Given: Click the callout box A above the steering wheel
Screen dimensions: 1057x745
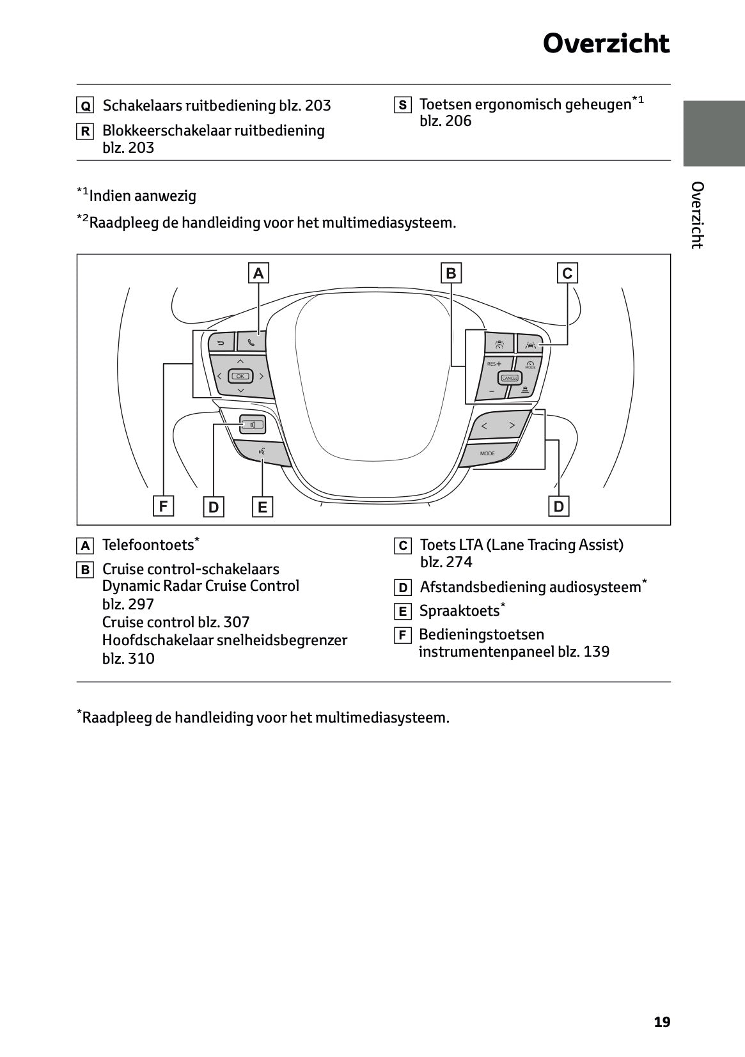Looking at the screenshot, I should [258, 274].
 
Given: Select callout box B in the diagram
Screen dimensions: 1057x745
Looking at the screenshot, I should [451, 274].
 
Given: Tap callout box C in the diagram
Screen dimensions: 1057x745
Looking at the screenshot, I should [567, 274].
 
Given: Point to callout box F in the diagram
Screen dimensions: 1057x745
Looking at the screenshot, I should [163, 506].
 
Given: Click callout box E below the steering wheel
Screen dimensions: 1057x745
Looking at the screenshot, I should [262, 507].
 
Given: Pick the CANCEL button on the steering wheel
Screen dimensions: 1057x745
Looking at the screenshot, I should [510, 378].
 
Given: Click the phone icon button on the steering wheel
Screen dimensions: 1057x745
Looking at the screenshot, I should [251, 342].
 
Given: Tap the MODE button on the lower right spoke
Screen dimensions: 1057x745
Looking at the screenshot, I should [487, 453].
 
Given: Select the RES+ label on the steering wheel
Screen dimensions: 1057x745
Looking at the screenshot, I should [494, 363].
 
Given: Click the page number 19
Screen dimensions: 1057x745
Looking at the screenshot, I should [662, 1022].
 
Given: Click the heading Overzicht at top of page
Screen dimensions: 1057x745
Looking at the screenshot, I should [606, 44].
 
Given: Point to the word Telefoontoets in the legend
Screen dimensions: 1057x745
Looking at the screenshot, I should [148, 545].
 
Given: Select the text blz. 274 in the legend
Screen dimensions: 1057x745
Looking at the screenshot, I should [446, 562].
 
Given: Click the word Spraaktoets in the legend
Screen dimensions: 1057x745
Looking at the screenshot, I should [459, 611].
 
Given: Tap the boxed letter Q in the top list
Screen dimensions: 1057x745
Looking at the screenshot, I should [85, 106].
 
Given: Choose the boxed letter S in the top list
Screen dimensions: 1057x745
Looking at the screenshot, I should [402, 106].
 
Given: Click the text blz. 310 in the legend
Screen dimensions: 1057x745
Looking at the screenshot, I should [129, 659].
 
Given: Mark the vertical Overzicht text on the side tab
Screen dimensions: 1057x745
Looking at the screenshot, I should [697, 215].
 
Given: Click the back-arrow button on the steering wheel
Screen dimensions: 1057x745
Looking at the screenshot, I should [221, 343].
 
